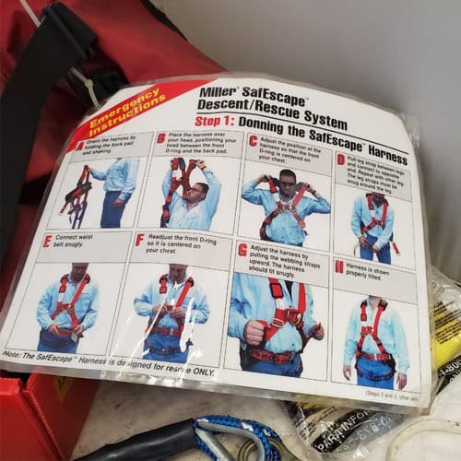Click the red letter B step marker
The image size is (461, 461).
(x=161, y=137)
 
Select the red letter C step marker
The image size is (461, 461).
(x=253, y=141)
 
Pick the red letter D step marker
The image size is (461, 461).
(x=340, y=159)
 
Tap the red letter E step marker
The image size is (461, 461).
(x=47, y=241)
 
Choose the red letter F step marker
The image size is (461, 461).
(x=138, y=239)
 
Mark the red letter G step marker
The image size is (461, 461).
(x=242, y=250)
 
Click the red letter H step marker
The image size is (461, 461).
(x=340, y=267)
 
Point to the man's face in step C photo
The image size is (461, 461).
(x=287, y=181)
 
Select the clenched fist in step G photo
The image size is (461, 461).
(x=253, y=332)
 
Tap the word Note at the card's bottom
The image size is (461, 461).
(x=14, y=353)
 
